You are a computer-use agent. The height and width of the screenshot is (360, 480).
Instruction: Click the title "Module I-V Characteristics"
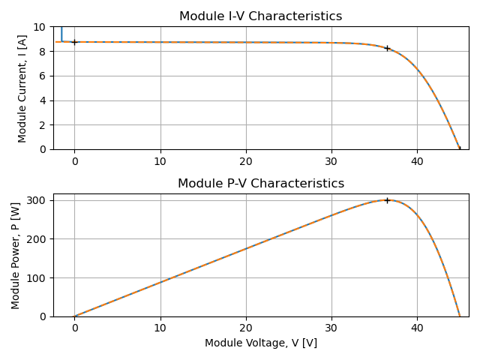(261, 16)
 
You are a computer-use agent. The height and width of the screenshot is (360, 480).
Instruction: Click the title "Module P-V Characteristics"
(261, 184)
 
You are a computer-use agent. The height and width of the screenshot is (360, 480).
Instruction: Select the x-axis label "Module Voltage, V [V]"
(261, 343)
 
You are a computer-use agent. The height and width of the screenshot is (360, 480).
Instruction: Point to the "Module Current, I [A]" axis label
(22, 88)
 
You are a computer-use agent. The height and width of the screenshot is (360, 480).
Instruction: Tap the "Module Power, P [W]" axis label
(16, 255)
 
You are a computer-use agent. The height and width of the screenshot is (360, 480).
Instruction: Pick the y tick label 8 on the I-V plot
(43, 52)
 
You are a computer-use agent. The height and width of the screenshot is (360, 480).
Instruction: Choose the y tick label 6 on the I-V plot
(43, 76)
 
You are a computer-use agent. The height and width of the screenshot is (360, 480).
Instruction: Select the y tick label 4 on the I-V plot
(43, 100)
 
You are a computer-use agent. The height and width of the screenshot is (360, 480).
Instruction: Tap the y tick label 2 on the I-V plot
(43, 125)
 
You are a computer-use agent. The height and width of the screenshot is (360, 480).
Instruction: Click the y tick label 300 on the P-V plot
(38, 200)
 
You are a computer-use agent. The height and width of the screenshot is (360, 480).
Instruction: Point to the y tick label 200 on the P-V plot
(38, 239)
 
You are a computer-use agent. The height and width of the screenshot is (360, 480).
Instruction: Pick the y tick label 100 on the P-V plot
(38, 278)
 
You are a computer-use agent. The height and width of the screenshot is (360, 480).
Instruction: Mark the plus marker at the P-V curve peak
(387, 200)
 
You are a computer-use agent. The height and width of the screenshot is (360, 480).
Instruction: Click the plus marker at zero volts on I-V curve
(74, 42)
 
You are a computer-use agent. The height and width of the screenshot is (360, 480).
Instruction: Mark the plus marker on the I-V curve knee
(387, 48)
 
